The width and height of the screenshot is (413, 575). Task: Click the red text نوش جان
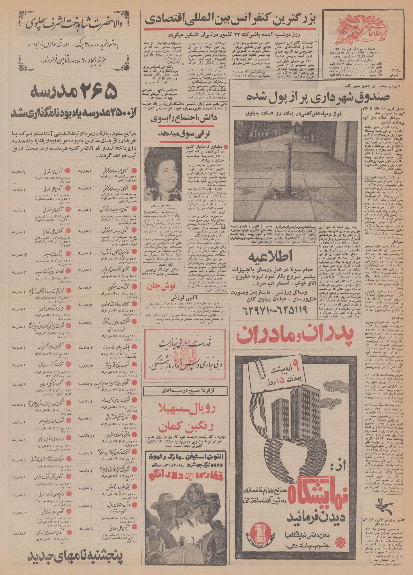(x=161, y=286)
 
